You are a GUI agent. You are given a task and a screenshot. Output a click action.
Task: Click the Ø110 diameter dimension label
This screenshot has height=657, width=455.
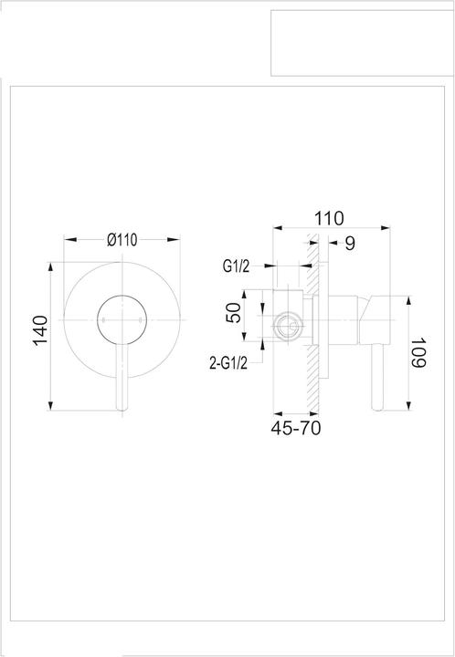click(x=121, y=241)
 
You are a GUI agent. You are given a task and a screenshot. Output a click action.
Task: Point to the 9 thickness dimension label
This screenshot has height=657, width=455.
click(x=350, y=243)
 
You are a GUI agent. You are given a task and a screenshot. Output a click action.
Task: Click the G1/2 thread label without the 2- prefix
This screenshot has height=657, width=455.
click(x=237, y=266)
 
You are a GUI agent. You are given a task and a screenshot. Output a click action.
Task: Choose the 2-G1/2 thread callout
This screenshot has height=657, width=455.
click(x=229, y=363)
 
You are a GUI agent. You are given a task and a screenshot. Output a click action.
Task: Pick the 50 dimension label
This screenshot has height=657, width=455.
click(x=234, y=313)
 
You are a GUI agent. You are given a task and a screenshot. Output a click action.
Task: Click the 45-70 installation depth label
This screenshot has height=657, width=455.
click(x=296, y=427)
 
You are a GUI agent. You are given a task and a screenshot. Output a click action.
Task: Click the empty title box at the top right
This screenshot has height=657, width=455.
click(x=362, y=43)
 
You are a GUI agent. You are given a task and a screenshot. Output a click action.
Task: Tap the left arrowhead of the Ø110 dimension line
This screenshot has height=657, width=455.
click(x=67, y=241)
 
